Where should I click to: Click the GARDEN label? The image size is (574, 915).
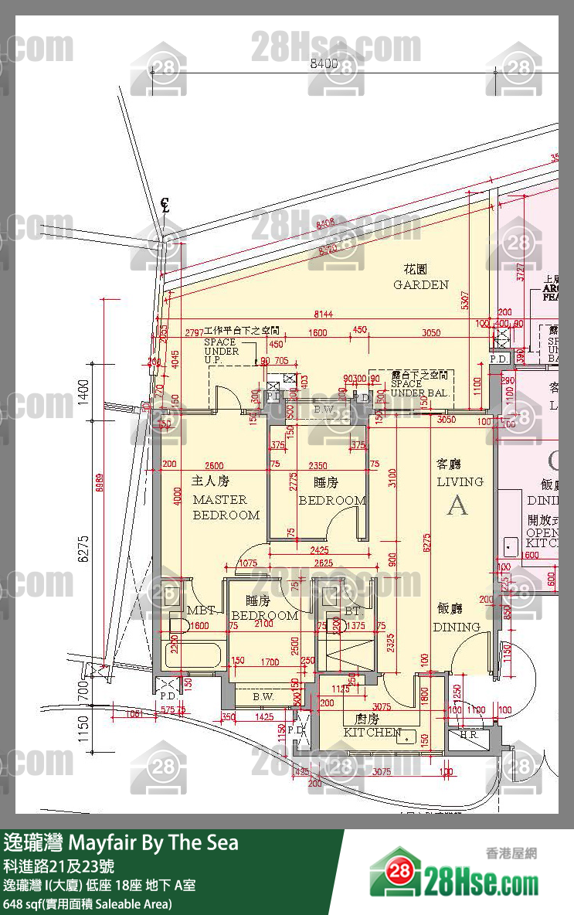pyautogui.click(x=421, y=284)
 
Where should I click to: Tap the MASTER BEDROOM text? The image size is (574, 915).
pyautogui.click(x=226, y=507)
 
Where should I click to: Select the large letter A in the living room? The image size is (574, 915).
pyautogui.click(x=457, y=505)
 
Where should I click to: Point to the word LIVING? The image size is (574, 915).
pyautogui.click(x=460, y=481)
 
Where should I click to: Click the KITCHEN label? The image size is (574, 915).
pyautogui.click(x=372, y=732)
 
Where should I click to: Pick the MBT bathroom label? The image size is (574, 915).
pyautogui.click(x=200, y=610)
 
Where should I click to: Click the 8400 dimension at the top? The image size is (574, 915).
pyautogui.click(x=324, y=64)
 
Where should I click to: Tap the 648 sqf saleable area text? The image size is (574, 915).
pyautogui.click(x=87, y=903)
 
